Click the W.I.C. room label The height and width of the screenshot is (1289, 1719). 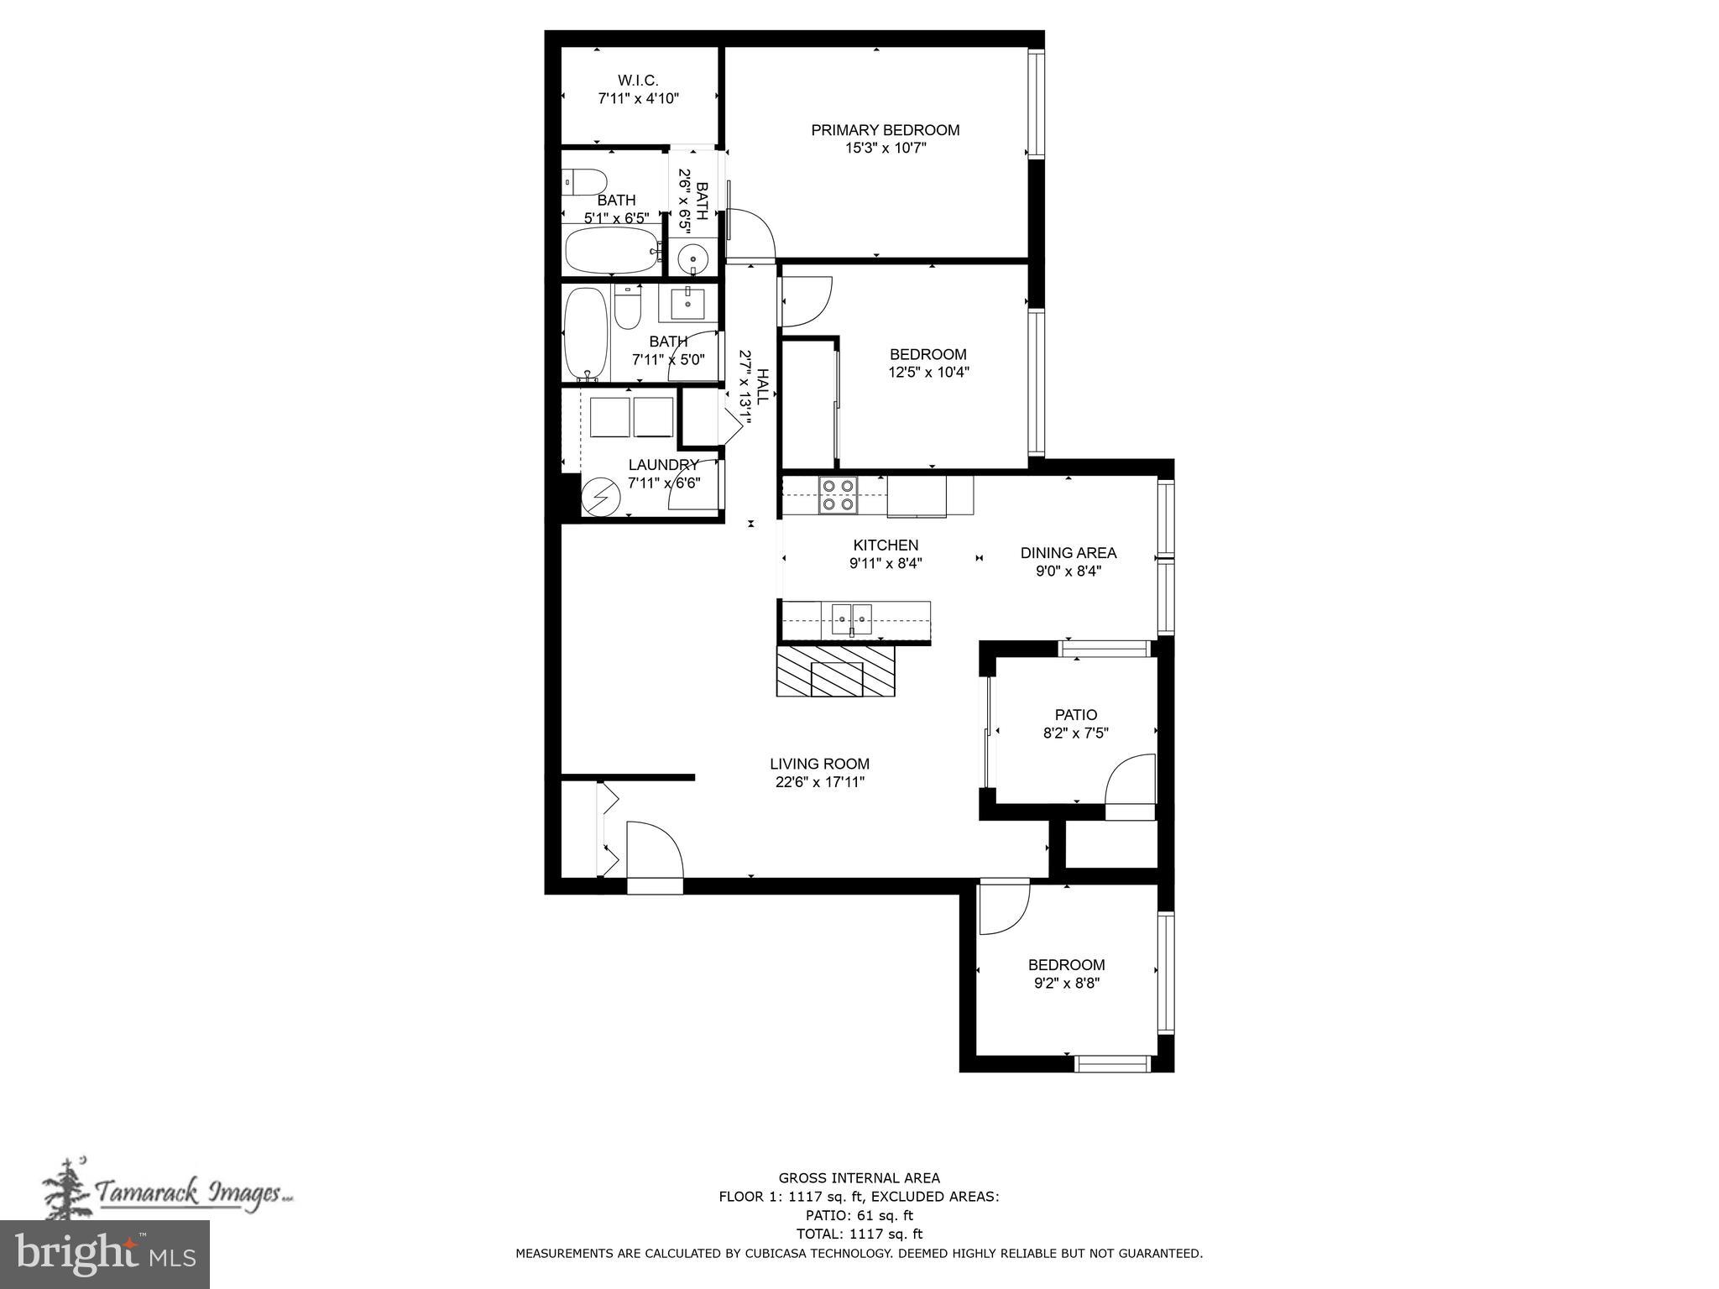click(x=638, y=81)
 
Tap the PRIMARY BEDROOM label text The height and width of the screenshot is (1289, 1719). click(x=885, y=130)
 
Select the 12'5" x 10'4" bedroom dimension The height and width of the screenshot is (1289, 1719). click(x=928, y=373)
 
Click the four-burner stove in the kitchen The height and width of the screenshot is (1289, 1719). click(x=838, y=495)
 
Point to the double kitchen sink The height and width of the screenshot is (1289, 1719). click(x=851, y=620)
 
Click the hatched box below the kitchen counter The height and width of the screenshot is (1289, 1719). click(x=836, y=671)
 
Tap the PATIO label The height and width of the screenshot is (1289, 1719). click(x=1075, y=715)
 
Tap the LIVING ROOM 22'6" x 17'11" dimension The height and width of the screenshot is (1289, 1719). click(x=819, y=782)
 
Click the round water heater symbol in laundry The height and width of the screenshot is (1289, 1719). click(x=602, y=496)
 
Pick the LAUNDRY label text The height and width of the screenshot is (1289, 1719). click(x=663, y=465)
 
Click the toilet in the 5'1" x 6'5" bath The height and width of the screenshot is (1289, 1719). click(x=585, y=180)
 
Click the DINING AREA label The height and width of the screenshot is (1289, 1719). click(x=1068, y=553)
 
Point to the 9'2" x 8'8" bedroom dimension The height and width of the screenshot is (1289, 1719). click(x=1066, y=983)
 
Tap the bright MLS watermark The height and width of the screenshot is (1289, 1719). click(x=105, y=1254)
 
